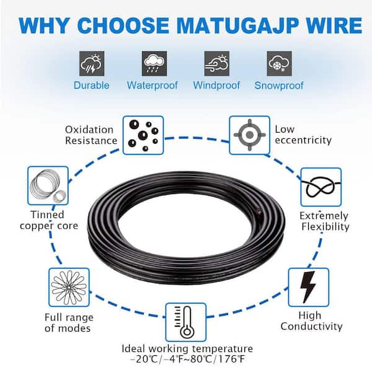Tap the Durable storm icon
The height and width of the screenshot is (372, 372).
(x=92, y=63)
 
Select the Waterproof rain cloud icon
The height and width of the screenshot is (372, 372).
(x=153, y=63)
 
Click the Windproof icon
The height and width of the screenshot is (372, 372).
(x=216, y=63)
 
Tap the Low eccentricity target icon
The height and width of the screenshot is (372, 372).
(x=249, y=135)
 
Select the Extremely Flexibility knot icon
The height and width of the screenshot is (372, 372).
(x=321, y=187)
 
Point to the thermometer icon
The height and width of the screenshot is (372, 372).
(x=185, y=320)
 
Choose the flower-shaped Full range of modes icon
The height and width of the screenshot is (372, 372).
(x=66, y=287)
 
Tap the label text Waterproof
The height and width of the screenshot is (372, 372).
(x=152, y=85)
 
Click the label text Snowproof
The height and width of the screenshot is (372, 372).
(x=278, y=85)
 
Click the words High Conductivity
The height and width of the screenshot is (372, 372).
(x=311, y=321)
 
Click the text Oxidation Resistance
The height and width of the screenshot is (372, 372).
(x=91, y=135)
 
